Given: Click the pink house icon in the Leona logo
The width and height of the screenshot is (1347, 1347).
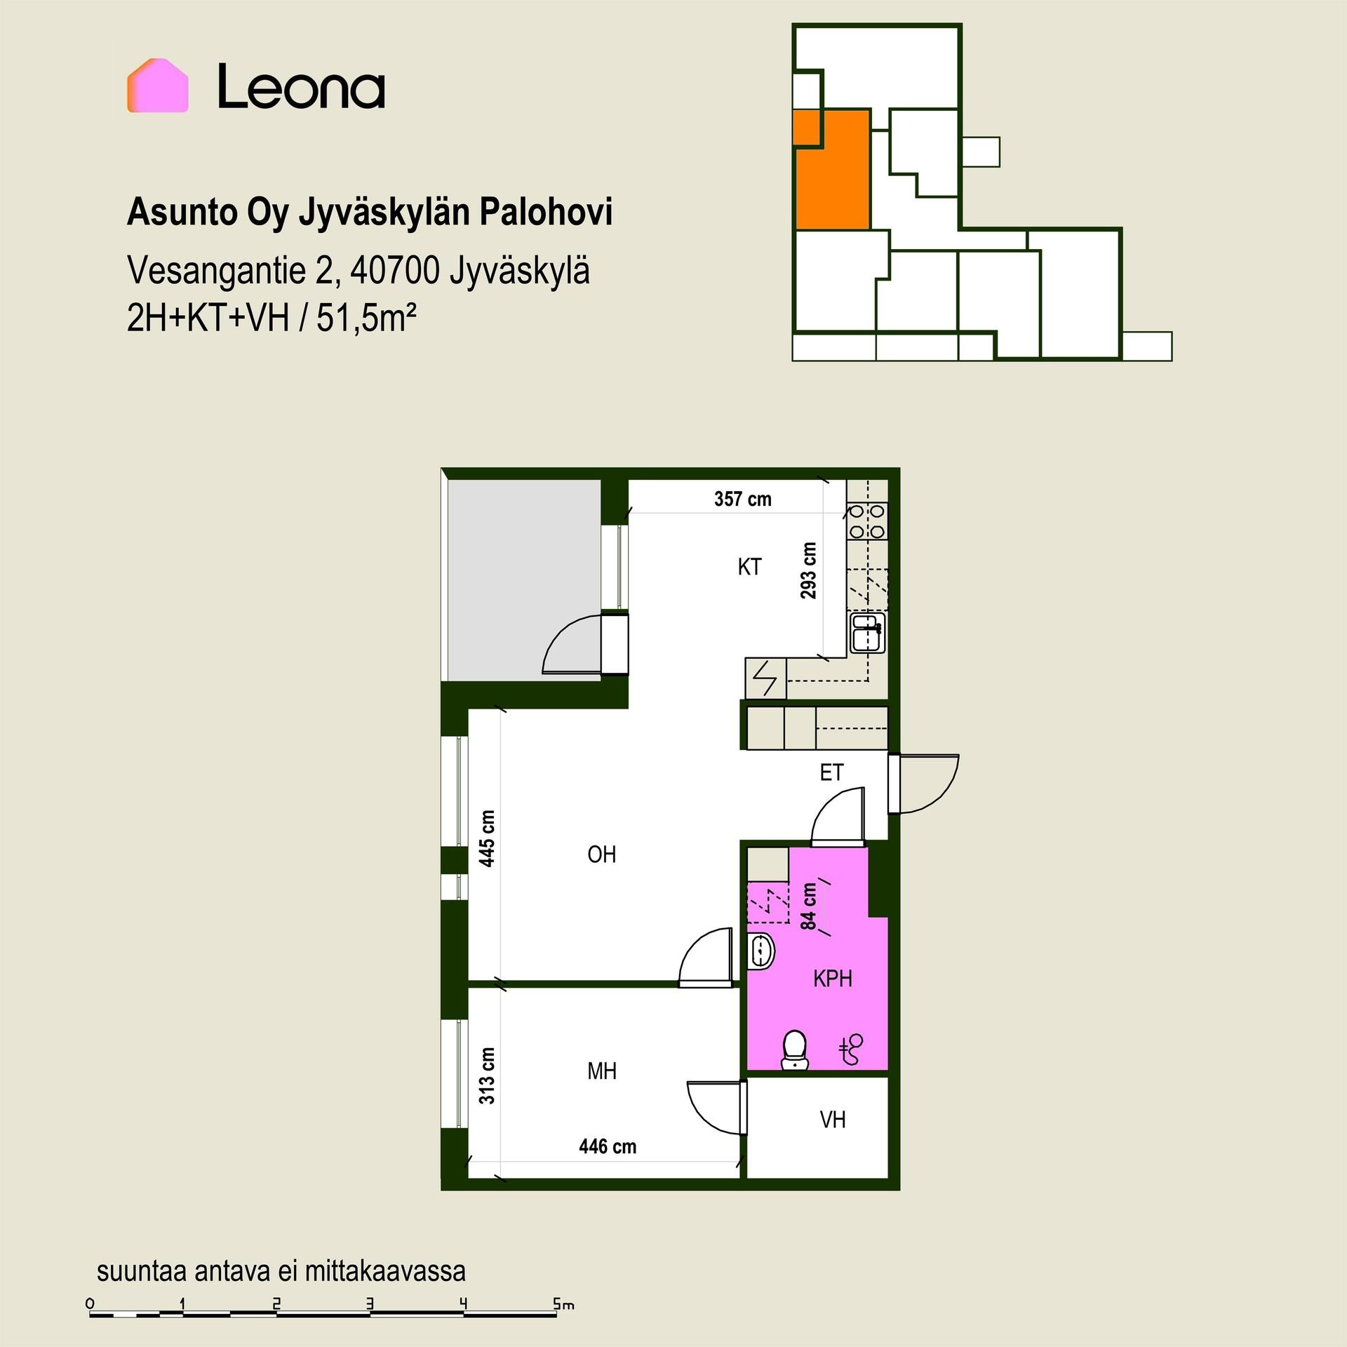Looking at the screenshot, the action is pyautogui.click(x=157, y=86).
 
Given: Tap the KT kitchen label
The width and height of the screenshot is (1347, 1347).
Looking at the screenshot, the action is pyautogui.click(x=749, y=567).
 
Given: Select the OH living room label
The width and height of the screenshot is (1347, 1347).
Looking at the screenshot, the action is pyautogui.click(x=602, y=855).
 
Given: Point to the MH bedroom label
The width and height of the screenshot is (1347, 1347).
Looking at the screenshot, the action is pyautogui.click(x=602, y=1071).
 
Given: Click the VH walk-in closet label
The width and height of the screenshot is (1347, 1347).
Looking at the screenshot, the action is pyautogui.click(x=833, y=1120).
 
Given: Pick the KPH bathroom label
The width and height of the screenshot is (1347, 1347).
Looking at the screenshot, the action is pyautogui.click(x=833, y=978).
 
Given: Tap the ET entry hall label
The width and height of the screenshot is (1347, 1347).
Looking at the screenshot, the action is pyautogui.click(x=831, y=772).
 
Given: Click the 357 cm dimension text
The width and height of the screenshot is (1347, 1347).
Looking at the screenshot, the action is pyautogui.click(x=743, y=499).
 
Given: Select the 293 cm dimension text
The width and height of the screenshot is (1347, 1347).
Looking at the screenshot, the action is pyautogui.click(x=809, y=570).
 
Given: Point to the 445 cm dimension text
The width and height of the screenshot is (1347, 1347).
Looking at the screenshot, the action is pyautogui.click(x=487, y=838).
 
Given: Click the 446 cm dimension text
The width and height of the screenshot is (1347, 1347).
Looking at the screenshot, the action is pyautogui.click(x=608, y=1146).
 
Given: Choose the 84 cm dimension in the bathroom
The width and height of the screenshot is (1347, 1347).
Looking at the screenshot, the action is pyautogui.click(x=809, y=906).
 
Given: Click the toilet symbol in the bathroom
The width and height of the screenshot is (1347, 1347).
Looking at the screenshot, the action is pyautogui.click(x=794, y=1050).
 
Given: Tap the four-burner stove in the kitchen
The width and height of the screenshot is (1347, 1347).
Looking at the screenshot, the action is pyautogui.click(x=868, y=521).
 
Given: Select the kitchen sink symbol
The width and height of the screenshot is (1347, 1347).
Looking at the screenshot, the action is pyautogui.click(x=868, y=632).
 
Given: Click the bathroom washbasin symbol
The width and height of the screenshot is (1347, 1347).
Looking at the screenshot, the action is pyautogui.click(x=760, y=951).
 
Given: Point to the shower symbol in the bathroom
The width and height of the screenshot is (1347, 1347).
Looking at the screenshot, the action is pyautogui.click(x=852, y=1050).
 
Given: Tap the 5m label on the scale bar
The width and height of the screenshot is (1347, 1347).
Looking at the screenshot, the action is pyautogui.click(x=563, y=1304).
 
